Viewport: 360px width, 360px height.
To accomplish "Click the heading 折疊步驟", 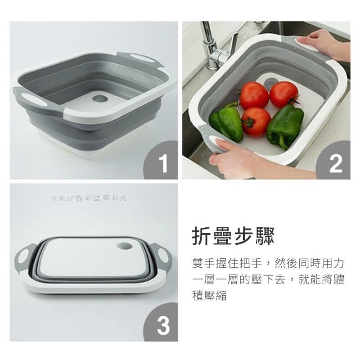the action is point(233,236).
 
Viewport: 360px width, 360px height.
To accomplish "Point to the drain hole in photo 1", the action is point(100,99).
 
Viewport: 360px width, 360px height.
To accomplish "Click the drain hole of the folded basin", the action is point(125,246).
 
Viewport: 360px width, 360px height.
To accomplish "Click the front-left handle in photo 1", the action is point(35,99).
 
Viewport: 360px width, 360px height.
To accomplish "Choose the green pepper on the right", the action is point(285,126).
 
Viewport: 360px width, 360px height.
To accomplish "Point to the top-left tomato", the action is point(254,95).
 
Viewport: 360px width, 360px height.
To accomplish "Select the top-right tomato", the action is point(284,94).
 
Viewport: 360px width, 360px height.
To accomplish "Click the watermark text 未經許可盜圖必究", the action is point(89,198).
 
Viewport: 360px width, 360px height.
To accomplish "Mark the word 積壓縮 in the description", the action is point(209,296).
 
